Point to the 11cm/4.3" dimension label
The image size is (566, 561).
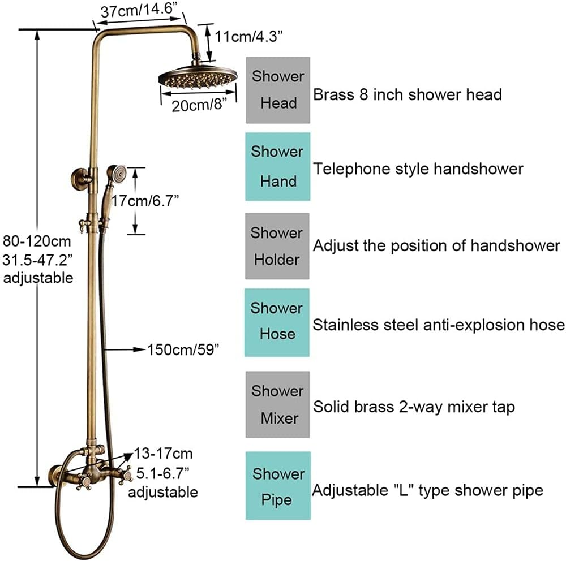click(248, 36)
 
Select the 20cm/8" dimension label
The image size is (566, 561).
click(199, 105)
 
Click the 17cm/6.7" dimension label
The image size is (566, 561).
click(145, 201)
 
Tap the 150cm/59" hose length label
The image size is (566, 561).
click(183, 349)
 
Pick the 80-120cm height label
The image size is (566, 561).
click(37, 241)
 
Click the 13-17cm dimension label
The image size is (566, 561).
click(164, 454)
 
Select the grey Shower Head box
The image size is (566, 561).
click(278, 90)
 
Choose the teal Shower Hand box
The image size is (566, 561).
click(277, 166)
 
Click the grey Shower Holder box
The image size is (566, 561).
click(277, 246)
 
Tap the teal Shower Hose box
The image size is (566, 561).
click(277, 322)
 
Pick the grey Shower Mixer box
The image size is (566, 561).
click(277, 404)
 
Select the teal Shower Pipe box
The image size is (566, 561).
click(278, 486)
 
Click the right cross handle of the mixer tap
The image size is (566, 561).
click(126, 474)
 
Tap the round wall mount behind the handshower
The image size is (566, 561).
click(80, 178)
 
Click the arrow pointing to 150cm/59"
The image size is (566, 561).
click(125, 349)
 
